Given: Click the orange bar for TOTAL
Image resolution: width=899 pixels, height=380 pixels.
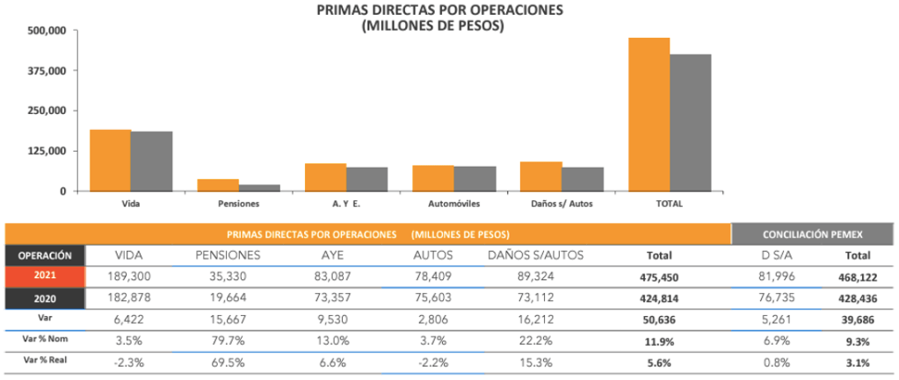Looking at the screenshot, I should point(649,114).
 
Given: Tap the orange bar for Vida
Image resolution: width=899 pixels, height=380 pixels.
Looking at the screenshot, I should point(111,161).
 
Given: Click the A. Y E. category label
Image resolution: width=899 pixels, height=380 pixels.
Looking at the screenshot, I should point(346,204).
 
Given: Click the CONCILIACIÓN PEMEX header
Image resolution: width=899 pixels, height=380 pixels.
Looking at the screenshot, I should point(808,234).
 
